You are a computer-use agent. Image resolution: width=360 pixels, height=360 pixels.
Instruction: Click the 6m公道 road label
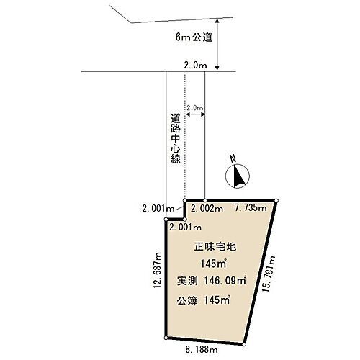coord(194,37)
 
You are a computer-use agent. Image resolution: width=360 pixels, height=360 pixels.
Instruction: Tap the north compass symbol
coord(238,176)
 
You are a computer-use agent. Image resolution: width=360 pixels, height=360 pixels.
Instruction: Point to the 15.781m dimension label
coord(269,274)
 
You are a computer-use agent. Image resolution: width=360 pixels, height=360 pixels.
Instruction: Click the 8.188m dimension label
coord(202,349)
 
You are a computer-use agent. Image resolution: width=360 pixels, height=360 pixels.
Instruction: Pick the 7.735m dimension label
coord(251,207)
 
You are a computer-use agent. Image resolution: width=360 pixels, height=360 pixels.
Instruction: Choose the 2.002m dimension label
coord(207,209)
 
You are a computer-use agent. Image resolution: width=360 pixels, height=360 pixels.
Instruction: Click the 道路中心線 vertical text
coord(176,138)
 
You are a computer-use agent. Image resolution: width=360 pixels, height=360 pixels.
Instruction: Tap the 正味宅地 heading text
coord(215,247)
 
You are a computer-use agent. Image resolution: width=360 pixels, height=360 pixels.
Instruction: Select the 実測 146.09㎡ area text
coord(212,280)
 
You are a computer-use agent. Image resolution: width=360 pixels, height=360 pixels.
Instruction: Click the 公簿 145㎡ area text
coord(204,300)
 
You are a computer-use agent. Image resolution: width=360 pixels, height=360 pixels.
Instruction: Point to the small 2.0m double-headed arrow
coord(196,114)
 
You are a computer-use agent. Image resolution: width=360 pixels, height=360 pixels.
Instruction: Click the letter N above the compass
coord(233,158)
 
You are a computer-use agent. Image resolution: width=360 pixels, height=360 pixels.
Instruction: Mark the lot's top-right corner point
coord(276,201)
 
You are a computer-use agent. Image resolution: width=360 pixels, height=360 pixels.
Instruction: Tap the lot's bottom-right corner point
coord(244,345)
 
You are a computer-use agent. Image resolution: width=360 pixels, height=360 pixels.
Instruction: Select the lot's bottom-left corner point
coord(166,338)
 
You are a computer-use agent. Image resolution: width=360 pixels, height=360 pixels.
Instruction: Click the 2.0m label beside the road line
coord(195,65)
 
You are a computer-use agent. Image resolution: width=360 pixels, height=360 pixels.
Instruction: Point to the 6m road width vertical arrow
coord(217,45)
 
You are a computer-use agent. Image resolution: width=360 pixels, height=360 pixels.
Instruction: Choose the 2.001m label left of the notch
coord(158,209)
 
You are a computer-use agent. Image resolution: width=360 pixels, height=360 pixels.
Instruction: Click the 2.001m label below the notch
coord(185,227)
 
